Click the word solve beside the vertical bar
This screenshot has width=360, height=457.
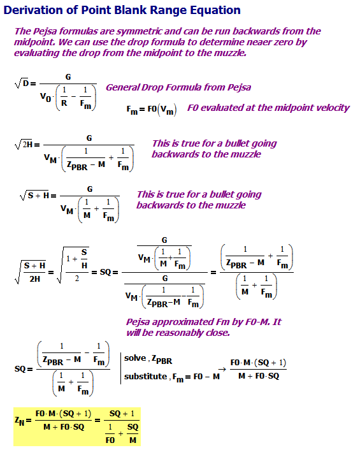click(134, 360)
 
